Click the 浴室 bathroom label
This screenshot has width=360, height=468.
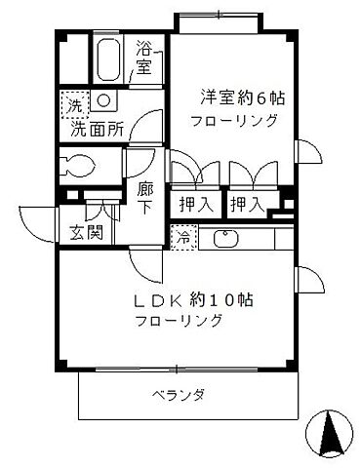pos(144,58)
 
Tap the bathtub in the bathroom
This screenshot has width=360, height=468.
pos(109,60)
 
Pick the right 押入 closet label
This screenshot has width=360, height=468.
pos(245,206)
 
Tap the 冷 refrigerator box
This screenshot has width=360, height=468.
pos(182,236)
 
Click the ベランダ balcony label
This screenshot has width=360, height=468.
pos(178,395)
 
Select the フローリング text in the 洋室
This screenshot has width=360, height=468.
pos(235,121)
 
